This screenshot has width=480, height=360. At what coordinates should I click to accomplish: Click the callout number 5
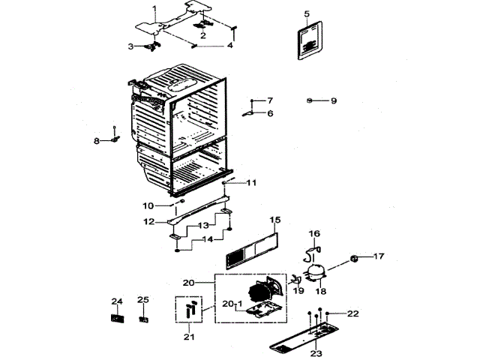307,13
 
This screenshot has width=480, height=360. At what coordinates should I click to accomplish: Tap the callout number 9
334,100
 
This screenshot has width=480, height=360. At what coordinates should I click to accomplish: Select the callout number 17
378,256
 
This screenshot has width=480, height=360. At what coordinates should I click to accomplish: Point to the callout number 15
275,220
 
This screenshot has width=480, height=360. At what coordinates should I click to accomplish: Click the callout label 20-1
232,303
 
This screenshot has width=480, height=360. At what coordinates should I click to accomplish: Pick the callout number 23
316,352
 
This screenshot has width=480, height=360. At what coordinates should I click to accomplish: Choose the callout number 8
96,141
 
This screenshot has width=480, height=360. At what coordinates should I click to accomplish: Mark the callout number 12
148,222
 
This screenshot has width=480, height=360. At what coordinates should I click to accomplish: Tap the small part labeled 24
116,318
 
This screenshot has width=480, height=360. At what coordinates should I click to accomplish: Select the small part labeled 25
143,318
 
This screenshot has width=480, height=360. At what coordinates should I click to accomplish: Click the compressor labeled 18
314,271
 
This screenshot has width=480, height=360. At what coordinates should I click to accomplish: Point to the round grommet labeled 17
354,259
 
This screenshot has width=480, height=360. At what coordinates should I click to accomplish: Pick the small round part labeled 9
310,100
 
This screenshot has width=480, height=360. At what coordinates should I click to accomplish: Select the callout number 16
314,234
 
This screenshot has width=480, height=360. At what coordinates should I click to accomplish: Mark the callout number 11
251,182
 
